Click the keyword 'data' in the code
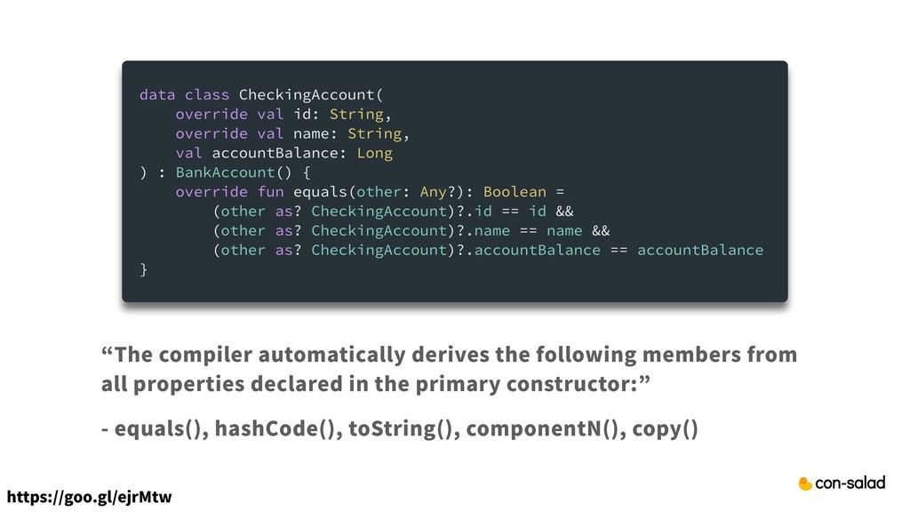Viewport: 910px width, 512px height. coord(157,94)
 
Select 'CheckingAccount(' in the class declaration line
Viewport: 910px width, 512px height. coord(311,94)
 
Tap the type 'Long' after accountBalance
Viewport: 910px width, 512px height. coord(374,153)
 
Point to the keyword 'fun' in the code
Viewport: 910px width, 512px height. coord(270,192)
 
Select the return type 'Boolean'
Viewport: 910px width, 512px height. coord(515,192)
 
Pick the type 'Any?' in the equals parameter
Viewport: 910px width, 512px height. coord(438,192)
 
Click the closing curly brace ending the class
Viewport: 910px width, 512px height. coord(144,269)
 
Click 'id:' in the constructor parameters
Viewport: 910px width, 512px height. coord(307,114)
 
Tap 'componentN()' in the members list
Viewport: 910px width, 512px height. coord(543,430)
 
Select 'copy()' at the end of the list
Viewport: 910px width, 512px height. coord(664,430)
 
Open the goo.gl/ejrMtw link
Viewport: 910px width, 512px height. coord(88,495)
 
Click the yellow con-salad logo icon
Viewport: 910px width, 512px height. coord(805,484)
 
